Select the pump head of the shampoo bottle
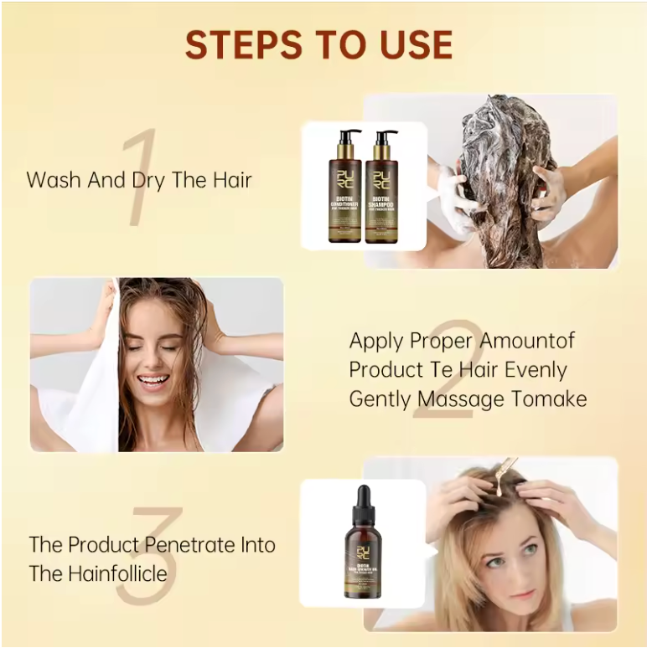pos(386,135)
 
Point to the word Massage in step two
pos(457,399)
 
